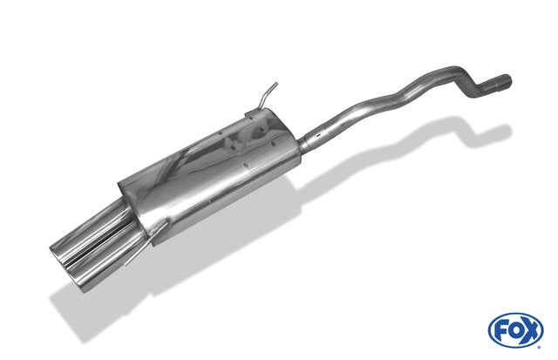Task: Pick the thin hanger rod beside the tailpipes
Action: [146, 243]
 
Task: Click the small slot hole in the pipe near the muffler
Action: [320, 135]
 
